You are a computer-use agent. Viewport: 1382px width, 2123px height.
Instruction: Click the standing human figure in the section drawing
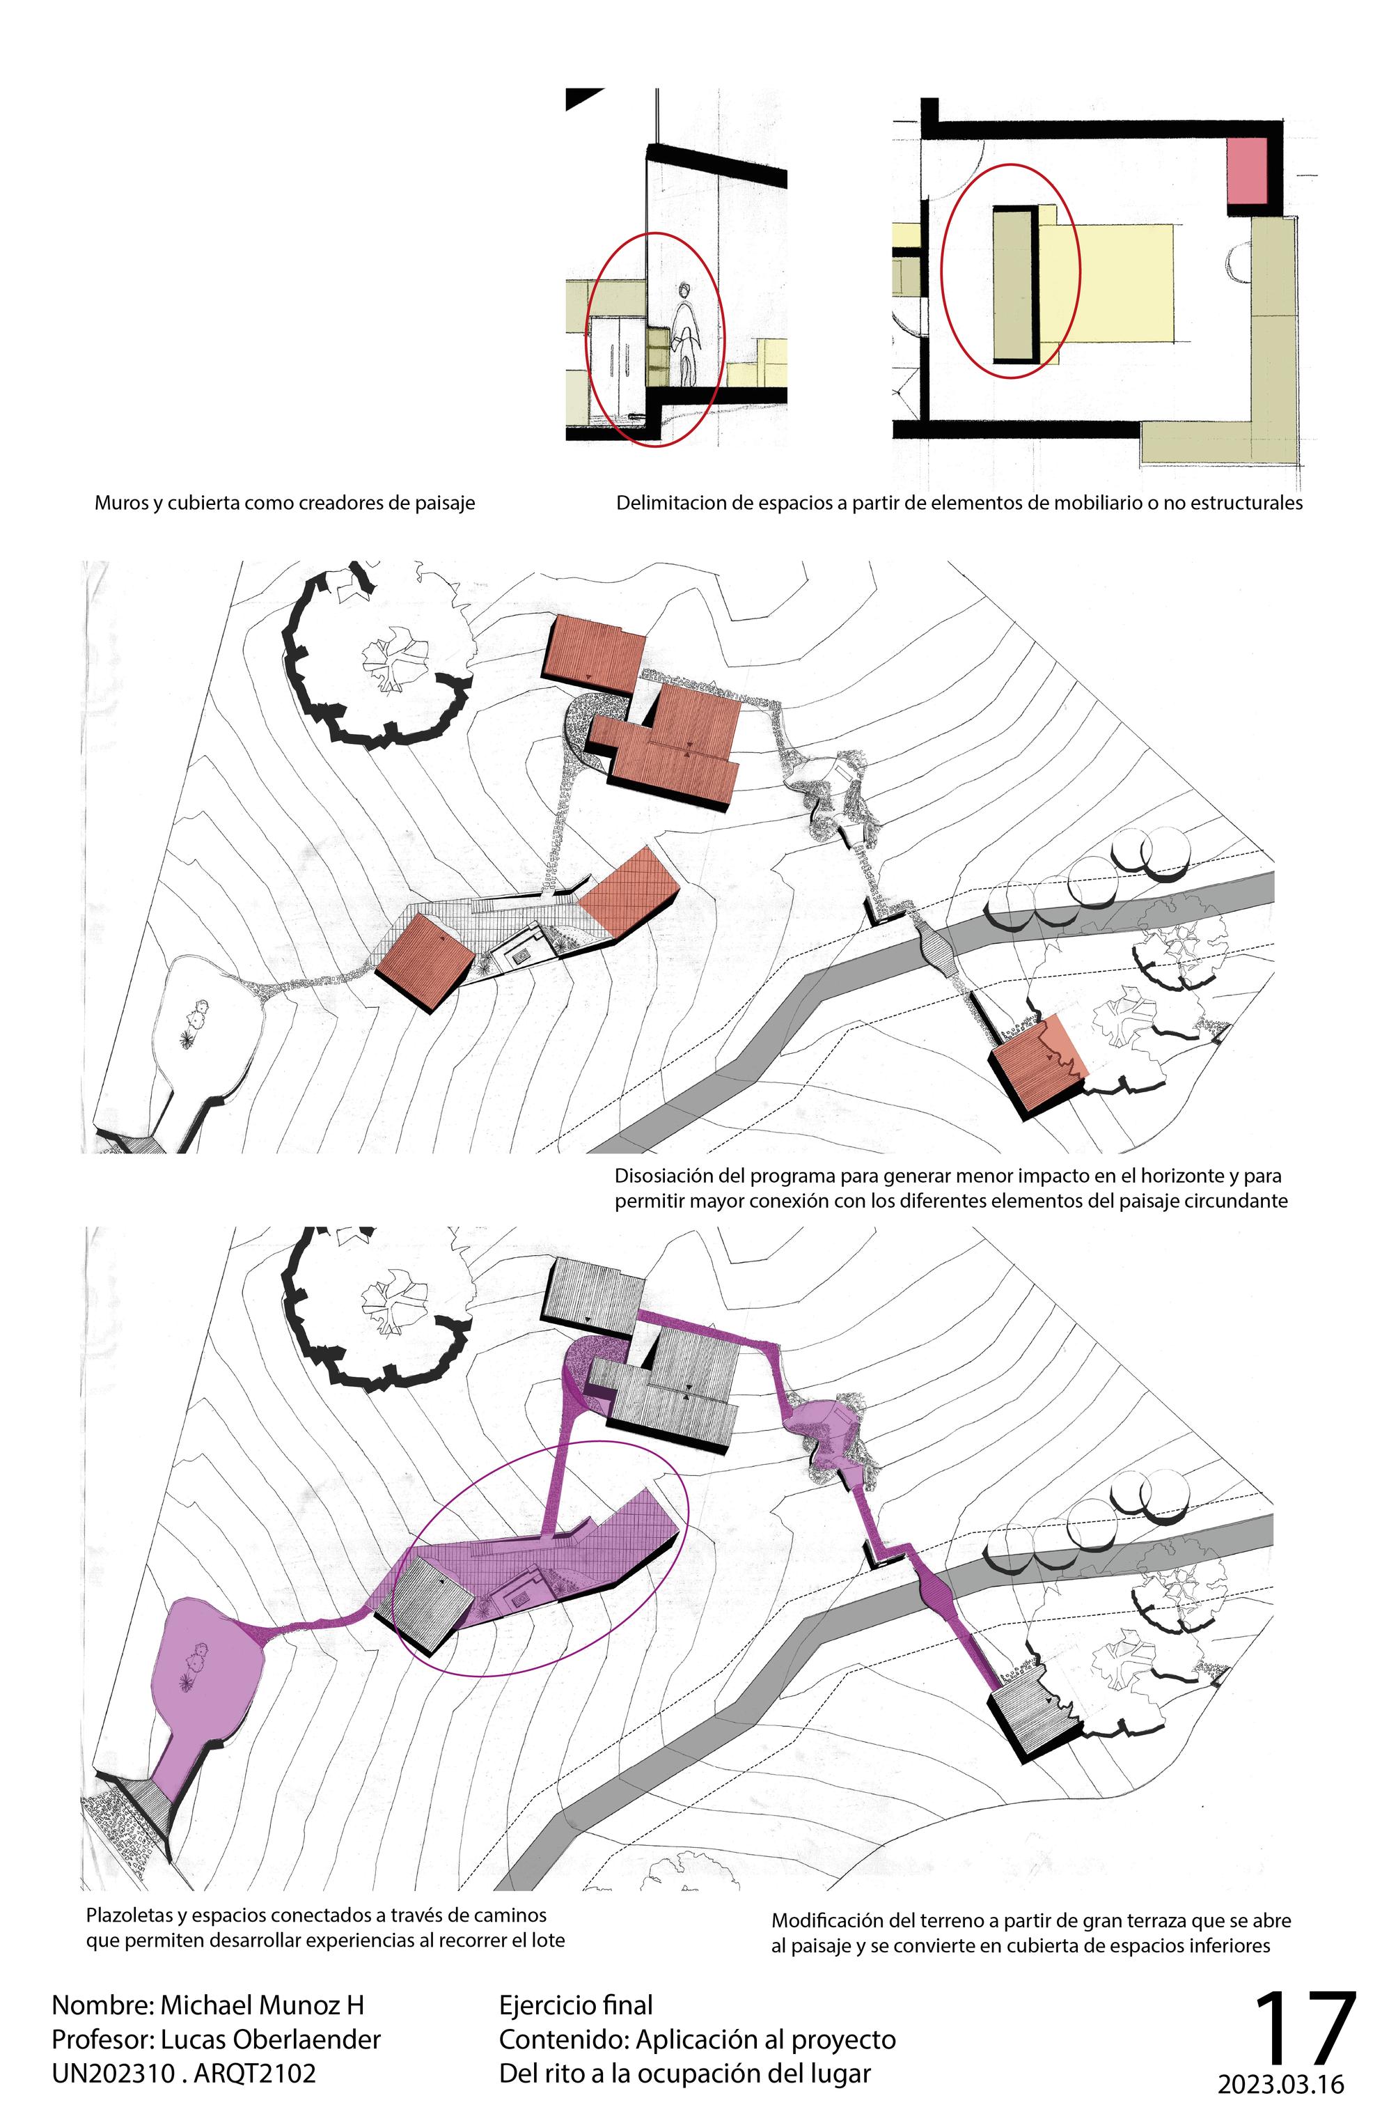pos(685,334)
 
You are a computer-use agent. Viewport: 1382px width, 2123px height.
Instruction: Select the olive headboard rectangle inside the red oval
pos(1014,283)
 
